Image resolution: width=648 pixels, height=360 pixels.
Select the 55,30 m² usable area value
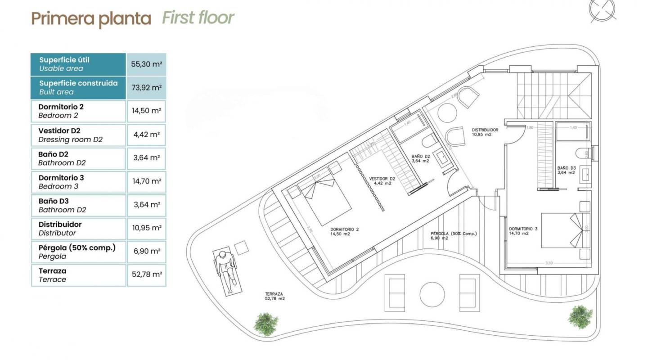point(146,64)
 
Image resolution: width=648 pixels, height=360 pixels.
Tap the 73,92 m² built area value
point(146,88)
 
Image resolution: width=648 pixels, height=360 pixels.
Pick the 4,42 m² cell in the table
point(146,135)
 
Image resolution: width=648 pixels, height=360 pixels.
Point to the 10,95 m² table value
point(146,228)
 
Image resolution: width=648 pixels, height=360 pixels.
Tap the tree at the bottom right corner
point(580,317)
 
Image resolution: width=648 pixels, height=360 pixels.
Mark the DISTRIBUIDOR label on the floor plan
point(485,132)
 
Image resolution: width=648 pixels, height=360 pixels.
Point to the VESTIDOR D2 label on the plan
point(382,181)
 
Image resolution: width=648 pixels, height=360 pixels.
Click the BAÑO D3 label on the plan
point(566,170)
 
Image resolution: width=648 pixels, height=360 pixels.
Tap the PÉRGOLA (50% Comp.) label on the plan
point(453,236)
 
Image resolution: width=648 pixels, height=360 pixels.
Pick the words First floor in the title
point(198,18)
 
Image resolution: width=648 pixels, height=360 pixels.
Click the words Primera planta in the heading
point(91,19)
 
